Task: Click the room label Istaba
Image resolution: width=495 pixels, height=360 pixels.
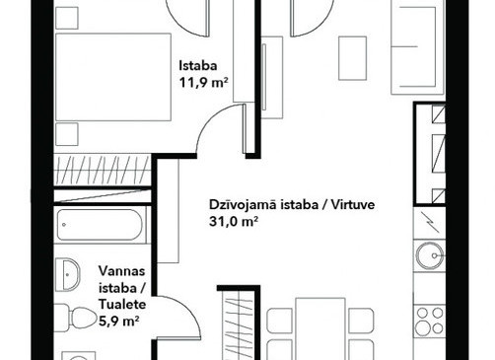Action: tap(198, 66)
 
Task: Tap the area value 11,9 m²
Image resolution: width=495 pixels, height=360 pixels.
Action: tap(203, 82)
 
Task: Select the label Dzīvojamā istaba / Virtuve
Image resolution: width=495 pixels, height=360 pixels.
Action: tap(292, 205)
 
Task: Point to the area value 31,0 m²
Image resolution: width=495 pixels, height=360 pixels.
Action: tap(233, 222)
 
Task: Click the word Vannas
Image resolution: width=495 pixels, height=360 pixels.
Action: tap(122, 271)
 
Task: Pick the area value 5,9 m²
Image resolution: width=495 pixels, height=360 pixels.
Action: tap(118, 321)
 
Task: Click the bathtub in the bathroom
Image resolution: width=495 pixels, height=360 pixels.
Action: tap(100, 225)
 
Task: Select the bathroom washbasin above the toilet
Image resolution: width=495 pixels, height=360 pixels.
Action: tap(67, 274)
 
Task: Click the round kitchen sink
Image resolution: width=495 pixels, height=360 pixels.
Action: tap(430, 255)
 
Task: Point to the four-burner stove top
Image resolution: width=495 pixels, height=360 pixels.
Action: tap(430, 321)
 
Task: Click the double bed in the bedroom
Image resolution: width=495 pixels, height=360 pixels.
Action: tap(113, 77)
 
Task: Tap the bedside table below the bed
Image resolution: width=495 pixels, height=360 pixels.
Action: tap(67, 134)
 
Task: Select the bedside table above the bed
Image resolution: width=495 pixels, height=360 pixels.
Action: tap(67, 18)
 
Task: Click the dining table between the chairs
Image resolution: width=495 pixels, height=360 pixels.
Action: tap(320, 328)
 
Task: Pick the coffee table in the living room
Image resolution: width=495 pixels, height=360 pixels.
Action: tap(353, 58)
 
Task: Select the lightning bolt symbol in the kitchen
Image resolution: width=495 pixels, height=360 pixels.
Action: tap(429, 223)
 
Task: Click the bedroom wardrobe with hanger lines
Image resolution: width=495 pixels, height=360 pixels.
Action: tap(102, 170)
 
